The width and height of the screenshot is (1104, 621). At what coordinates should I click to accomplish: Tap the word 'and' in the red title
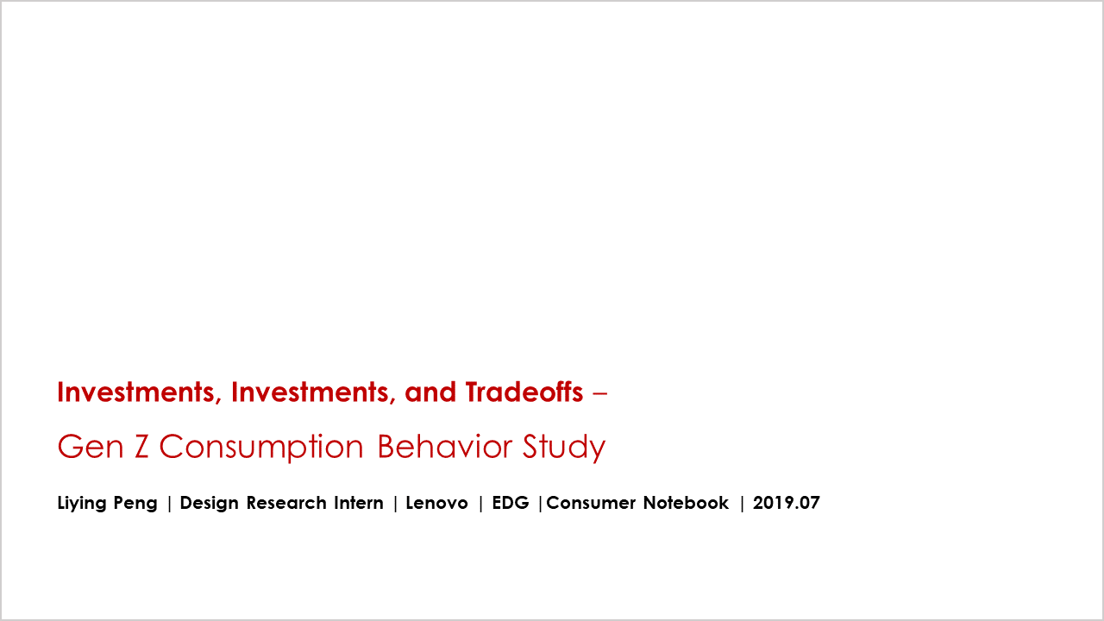pyautogui.click(x=430, y=392)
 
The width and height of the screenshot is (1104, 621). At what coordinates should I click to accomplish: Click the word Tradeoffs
pyautogui.click(x=524, y=392)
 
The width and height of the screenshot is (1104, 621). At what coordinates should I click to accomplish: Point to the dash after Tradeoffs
pyautogui.click(x=599, y=394)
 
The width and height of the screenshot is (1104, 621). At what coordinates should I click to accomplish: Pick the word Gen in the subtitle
pyautogui.click(x=91, y=447)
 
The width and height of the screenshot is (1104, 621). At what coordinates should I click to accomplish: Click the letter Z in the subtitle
pyautogui.click(x=141, y=447)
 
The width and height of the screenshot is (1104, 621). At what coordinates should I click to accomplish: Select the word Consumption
pyautogui.click(x=261, y=448)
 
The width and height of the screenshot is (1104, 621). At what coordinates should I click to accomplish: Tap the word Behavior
pyautogui.click(x=444, y=446)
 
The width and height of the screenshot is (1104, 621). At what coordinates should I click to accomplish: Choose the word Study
pyautogui.click(x=564, y=448)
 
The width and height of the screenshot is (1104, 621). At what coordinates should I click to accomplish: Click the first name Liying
pyautogui.click(x=82, y=503)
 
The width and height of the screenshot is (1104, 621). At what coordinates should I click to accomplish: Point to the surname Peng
pyautogui.click(x=135, y=504)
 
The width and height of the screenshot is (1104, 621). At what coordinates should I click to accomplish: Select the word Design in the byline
pyautogui.click(x=209, y=503)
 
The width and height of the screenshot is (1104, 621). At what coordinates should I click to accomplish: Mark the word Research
pyautogui.click(x=286, y=503)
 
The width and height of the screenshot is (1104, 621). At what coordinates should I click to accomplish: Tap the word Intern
pyautogui.click(x=359, y=503)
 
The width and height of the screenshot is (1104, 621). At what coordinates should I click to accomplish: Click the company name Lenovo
pyautogui.click(x=436, y=503)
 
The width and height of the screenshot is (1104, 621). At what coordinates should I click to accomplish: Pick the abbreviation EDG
pyautogui.click(x=511, y=503)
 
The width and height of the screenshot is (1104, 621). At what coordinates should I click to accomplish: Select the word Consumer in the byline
pyautogui.click(x=591, y=503)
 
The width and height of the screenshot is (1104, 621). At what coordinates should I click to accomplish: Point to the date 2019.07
pyautogui.click(x=787, y=503)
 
